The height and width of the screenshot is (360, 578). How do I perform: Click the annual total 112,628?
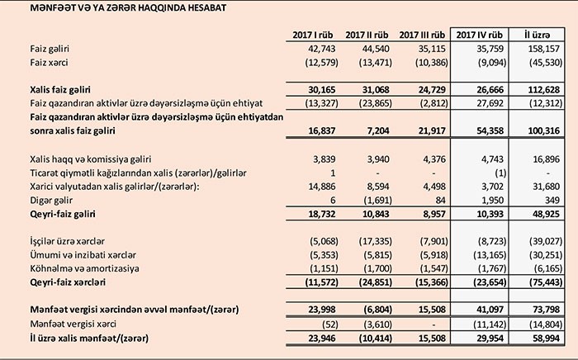[x=541, y=88]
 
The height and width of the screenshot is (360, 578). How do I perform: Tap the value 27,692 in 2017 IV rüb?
[x=483, y=102]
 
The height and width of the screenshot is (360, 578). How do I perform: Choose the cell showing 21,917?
[x=430, y=130]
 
